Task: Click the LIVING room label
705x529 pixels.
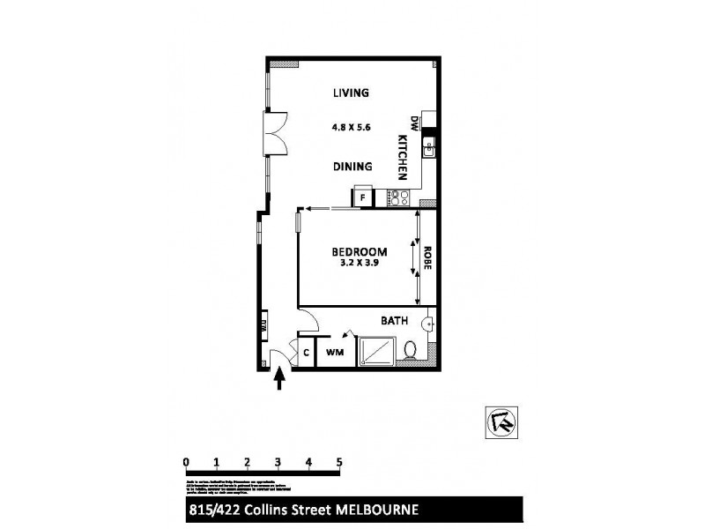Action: tap(350, 93)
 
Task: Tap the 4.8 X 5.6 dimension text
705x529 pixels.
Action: tap(350, 127)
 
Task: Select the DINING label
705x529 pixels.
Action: tap(352, 166)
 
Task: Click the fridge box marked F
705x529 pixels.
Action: tap(362, 197)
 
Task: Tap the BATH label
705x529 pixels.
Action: tap(393, 321)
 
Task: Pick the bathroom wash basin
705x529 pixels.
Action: tap(428, 324)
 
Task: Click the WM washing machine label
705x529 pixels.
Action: tap(335, 353)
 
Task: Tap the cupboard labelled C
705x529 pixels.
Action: tap(306, 353)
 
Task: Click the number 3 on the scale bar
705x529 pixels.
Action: tap(278, 461)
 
